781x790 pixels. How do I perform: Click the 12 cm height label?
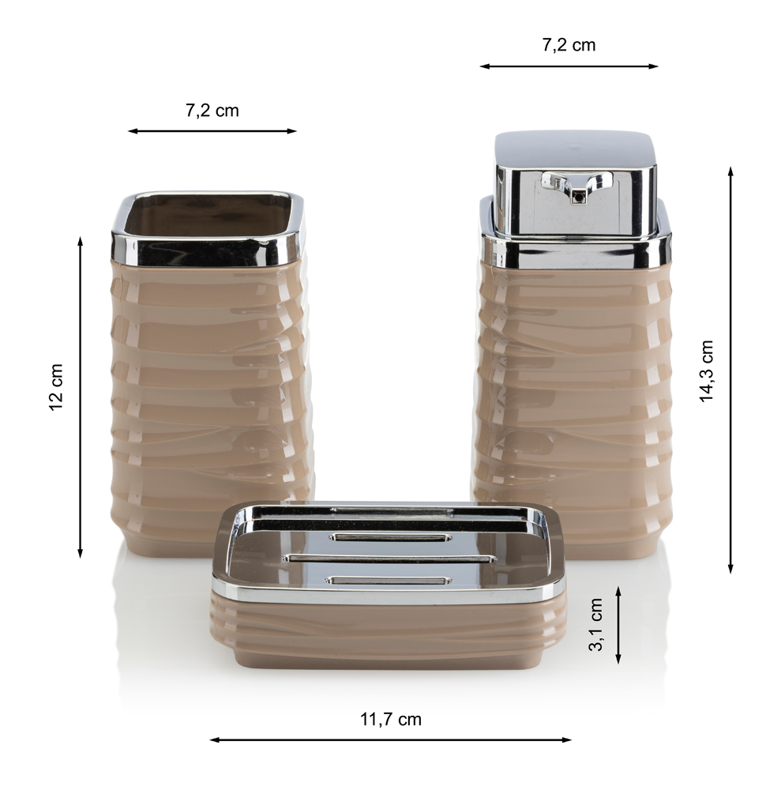[56, 387]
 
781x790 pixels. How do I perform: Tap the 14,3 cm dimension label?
[707, 371]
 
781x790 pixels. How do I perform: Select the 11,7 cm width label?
[390, 719]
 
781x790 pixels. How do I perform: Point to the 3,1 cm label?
[595, 624]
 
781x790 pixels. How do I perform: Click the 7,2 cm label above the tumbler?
[212, 111]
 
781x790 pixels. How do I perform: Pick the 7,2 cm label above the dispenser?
[569, 45]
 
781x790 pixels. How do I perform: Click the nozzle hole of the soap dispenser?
[579, 197]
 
